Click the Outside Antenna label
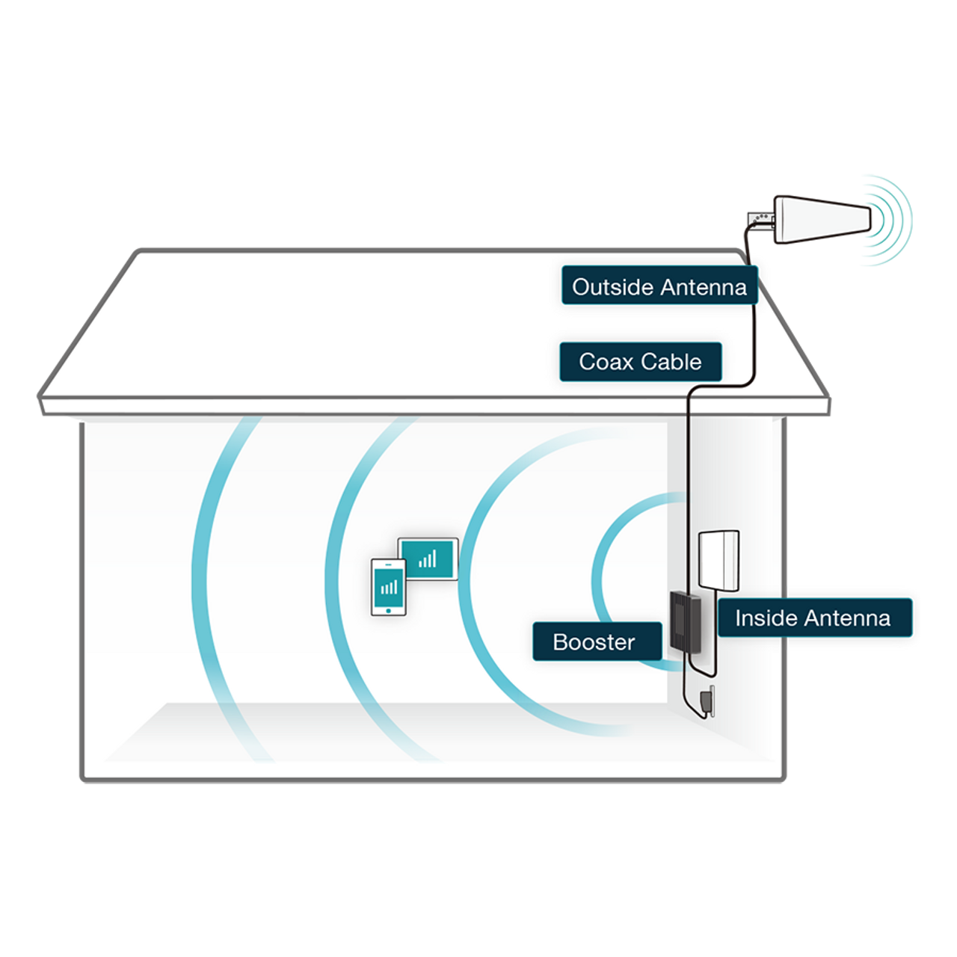[659, 286]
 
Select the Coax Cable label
[640, 362]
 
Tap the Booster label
[596, 641]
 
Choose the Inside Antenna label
[813, 618]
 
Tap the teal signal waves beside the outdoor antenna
[888, 228]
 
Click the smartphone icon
[389, 587]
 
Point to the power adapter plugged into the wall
[706, 701]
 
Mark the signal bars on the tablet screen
[428, 559]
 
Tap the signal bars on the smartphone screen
[389, 587]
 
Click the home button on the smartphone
[389, 609]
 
